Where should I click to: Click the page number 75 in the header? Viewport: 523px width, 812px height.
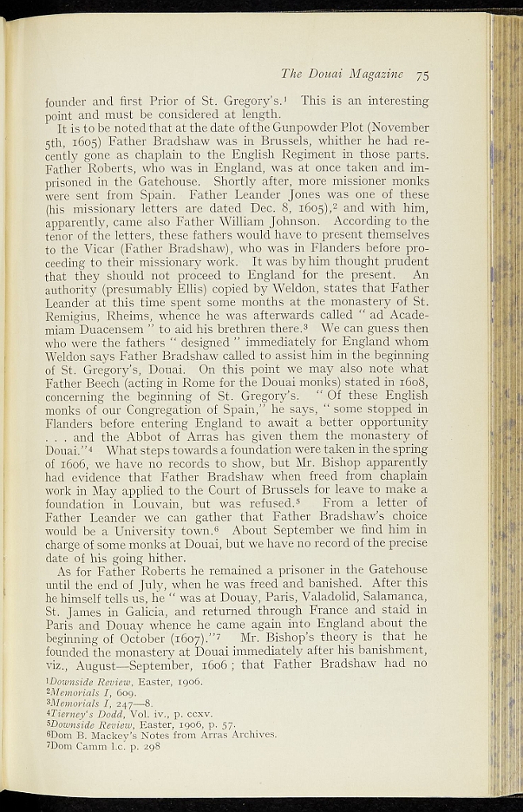tap(421, 75)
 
